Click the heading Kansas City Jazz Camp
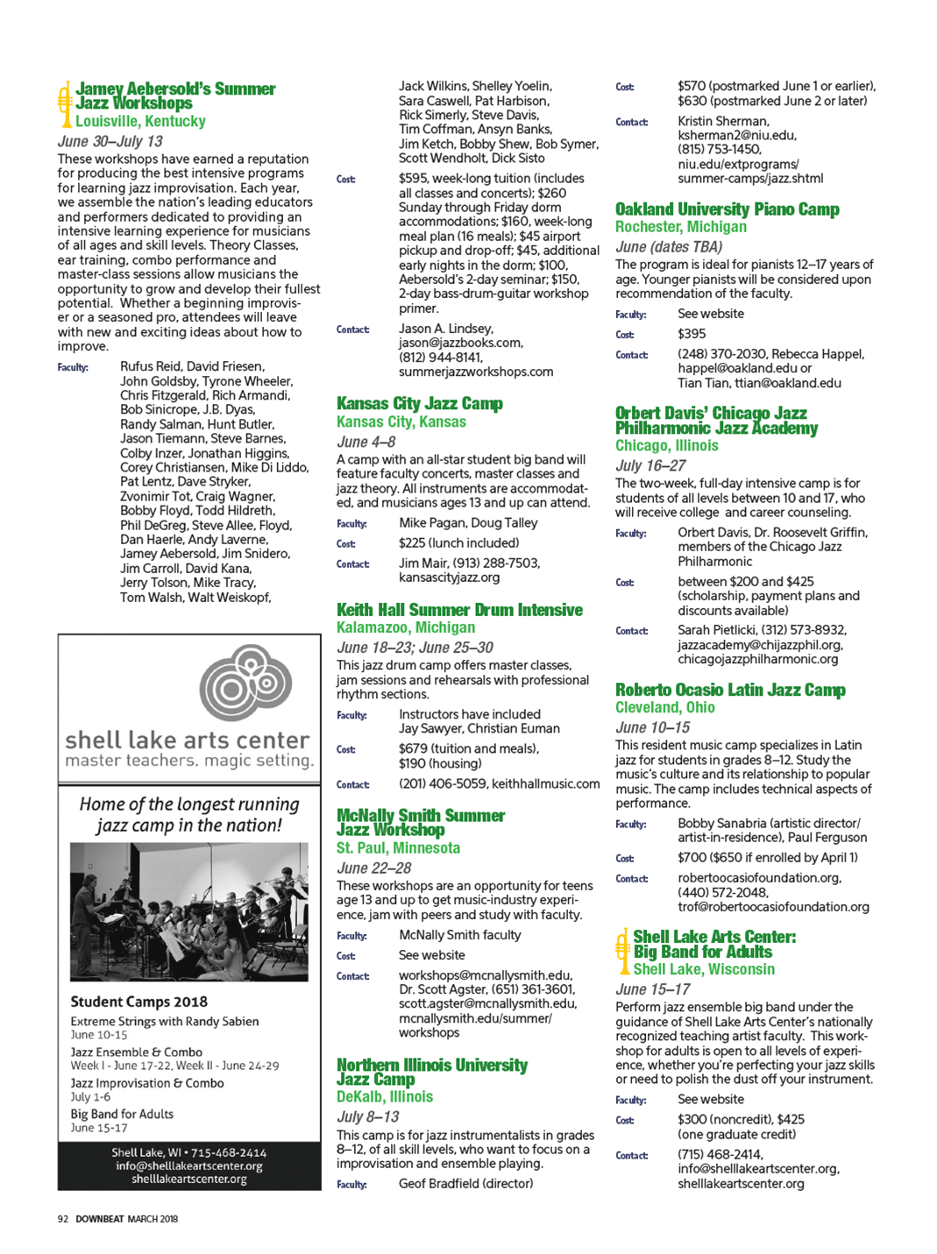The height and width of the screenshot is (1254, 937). click(419, 404)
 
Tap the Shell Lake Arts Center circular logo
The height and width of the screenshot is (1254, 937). click(245, 682)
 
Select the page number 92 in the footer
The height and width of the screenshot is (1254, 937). click(63, 1218)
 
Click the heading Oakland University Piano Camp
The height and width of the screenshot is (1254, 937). click(727, 209)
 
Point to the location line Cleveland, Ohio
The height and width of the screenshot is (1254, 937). click(664, 707)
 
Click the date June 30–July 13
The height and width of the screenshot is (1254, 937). click(110, 141)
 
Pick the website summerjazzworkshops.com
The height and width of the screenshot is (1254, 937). click(476, 372)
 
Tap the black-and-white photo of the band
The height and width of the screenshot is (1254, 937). click(188, 911)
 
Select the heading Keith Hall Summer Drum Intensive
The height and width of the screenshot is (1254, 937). click(459, 610)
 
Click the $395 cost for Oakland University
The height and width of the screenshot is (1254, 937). click(691, 334)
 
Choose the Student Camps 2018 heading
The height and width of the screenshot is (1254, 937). click(138, 1002)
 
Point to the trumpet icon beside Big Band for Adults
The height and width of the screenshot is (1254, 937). click(623, 952)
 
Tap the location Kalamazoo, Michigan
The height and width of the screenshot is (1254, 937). click(406, 627)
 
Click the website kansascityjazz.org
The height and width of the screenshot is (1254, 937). click(449, 577)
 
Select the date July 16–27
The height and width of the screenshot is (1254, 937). click(650, 465)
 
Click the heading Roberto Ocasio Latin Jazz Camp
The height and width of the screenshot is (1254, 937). click(729, 691)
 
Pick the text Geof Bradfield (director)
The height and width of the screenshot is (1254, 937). click(465, 1183)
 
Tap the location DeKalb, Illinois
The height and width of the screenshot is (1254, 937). click(385, 1096)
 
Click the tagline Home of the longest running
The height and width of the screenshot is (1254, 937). click(189, 804)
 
